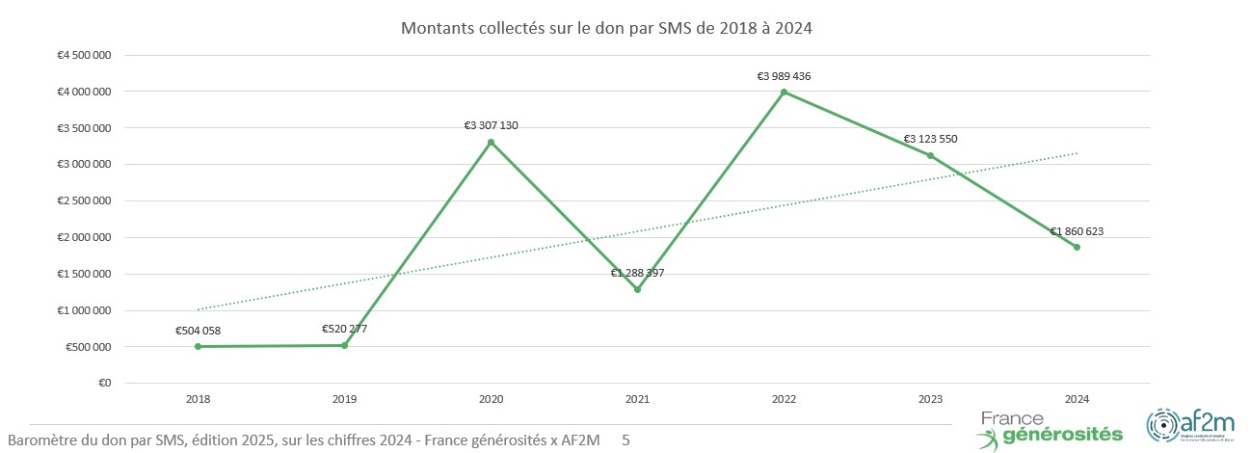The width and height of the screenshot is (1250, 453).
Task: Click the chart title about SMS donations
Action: (x=606, y=29)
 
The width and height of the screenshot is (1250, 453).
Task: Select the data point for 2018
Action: (x=199, y=346)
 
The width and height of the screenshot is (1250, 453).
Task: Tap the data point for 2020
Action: (x=492, y=142)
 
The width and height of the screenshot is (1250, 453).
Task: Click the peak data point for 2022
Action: (x=784, y=93)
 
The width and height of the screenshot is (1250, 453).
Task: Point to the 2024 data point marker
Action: (x=1077, y=248)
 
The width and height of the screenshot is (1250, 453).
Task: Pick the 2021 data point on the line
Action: (x=637, y=289)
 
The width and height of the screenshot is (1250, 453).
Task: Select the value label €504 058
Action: (x=198, y=331)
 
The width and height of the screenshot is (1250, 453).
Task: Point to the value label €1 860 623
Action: (x=1077, y=231)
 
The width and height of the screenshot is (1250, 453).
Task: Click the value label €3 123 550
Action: (x=930, y=140)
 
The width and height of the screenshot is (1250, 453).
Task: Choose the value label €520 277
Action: (x=344, y=329)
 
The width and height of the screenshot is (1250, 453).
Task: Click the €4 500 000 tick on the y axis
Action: (x=84, y=55)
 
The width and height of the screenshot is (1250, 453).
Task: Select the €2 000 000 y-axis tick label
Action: (x=84, y=237)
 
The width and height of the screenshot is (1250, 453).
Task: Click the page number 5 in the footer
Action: (x=626, y=440)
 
